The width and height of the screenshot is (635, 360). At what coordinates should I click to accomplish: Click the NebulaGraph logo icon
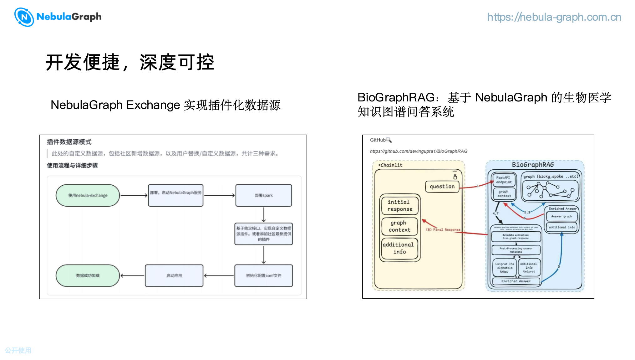(24, 17)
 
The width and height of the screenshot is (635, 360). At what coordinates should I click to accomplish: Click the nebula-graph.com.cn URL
(554, 17)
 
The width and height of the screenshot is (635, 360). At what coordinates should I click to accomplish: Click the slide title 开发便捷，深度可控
(130, 62)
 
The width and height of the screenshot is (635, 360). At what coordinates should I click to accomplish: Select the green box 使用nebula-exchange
(88, 195)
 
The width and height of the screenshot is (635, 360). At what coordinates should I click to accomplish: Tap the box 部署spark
(264, 195)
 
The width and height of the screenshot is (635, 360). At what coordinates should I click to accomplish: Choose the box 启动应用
(174, 275)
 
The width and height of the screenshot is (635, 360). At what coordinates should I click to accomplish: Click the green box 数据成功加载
(88, 275)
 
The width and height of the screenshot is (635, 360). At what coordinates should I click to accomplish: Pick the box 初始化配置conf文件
(264, 275)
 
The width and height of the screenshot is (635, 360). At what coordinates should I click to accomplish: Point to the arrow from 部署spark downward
(264, 214)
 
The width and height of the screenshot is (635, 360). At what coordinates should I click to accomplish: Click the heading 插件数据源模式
(69, 142)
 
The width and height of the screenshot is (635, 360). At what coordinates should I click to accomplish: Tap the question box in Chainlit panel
(442, 187)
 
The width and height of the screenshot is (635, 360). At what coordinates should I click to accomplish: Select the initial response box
(400, 205)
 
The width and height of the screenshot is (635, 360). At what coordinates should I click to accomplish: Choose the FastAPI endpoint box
(504, 180)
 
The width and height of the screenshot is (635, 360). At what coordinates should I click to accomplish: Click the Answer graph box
(561, 216)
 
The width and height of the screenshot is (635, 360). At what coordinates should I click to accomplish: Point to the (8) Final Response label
(443, 229)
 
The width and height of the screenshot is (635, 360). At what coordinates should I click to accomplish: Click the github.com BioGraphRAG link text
(419, 151)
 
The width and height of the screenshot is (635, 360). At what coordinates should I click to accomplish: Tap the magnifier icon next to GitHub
(389, 140)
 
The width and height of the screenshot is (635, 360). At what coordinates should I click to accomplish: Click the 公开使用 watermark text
(18, 350)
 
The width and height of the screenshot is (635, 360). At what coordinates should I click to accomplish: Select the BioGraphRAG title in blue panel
(533, 165)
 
